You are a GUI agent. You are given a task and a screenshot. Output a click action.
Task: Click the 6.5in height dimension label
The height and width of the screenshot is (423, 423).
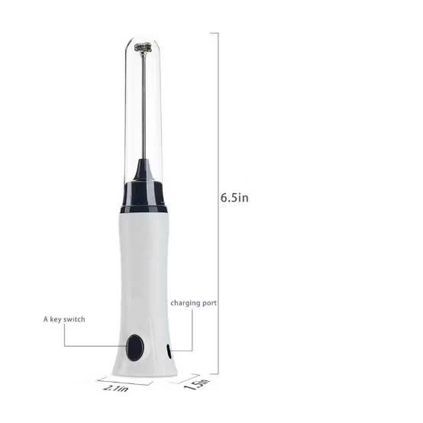pos(234,198)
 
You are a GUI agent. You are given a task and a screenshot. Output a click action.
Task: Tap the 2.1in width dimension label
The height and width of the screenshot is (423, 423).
pos(116,388)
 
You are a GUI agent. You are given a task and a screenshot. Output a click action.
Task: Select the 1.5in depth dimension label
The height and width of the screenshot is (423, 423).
pos(197,384)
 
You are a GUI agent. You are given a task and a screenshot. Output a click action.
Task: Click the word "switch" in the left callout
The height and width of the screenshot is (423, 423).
pos(74,319)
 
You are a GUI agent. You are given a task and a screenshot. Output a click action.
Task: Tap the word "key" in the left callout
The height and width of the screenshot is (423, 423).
pos(55,320)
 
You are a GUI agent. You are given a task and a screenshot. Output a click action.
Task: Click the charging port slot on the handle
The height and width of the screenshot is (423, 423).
pos(169,351)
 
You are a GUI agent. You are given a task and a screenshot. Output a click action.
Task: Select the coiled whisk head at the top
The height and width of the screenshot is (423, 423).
pos(143,48)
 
